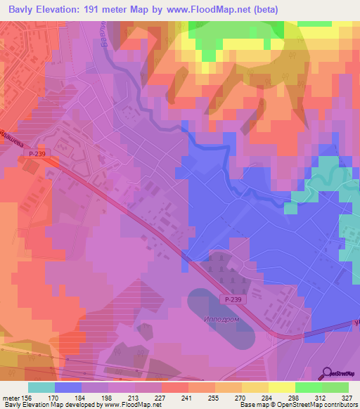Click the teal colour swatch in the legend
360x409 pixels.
[41, 387]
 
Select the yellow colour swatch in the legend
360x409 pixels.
[282, 387]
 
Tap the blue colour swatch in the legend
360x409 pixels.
[68, 387]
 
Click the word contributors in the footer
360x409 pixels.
[341, 405]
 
